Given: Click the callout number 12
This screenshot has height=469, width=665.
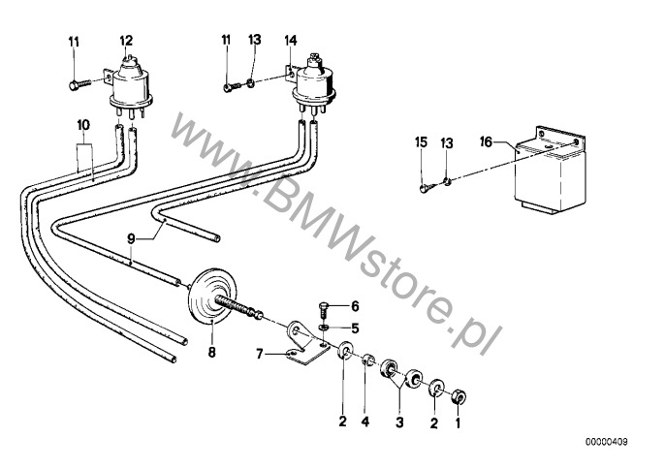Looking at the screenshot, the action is coord(126,41).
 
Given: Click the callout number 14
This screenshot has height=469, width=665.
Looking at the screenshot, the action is coord(291,41).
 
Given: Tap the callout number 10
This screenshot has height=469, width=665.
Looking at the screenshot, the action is coord(83,125).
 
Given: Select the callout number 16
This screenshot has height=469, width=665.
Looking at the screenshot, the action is coord(486,141).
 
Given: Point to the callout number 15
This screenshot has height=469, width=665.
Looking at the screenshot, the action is coord(421,142).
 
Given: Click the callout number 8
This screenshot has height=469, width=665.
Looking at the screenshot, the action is coord(211,352).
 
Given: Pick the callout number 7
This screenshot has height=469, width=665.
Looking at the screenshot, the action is coord(260,354).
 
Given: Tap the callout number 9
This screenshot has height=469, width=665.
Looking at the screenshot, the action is coord(131,238).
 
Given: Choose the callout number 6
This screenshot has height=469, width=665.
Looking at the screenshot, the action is coord(355,306).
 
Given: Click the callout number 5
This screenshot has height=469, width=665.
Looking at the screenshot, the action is coord(355,328).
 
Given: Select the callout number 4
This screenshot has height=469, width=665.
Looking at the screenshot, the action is coord(365,422).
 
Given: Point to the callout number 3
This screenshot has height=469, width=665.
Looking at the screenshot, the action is coord(399,422).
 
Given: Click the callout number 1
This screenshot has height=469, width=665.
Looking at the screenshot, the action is coord(458,422).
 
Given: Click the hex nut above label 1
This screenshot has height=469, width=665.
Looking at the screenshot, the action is coord(459,397).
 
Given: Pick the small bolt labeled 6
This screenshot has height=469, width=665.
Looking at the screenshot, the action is coord(323,311).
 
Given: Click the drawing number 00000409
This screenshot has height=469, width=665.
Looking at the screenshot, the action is coord(607,442).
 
